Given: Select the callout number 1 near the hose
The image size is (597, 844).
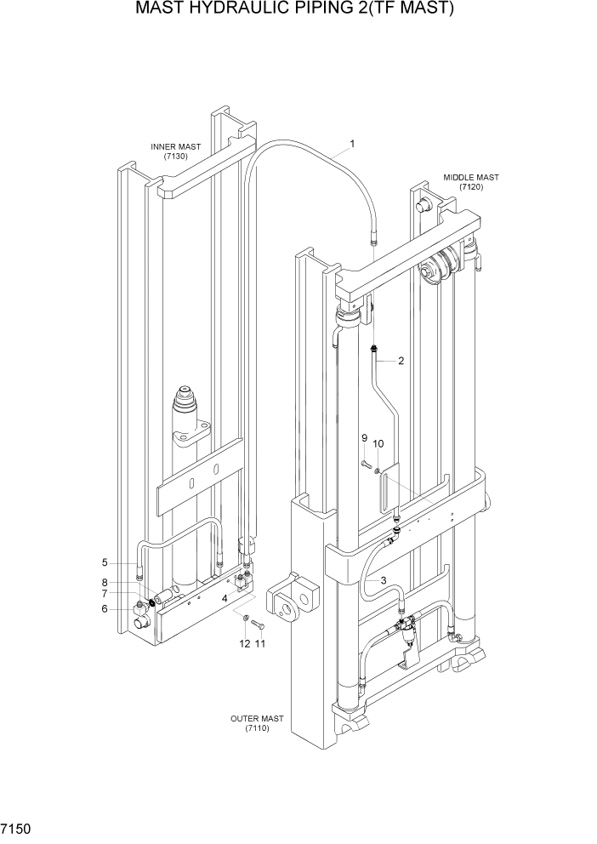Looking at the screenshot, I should click(x=352, y=144).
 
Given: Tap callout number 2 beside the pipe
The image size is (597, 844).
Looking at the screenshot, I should click(x=401, y=360).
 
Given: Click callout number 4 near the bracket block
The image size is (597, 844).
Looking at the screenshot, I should click(x=224, y=598).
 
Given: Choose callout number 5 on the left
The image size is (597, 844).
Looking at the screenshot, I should click(x=128, y=562).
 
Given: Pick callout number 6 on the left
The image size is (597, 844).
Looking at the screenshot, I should click(x=128, y=608).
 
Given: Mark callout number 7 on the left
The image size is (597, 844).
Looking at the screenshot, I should click(x=128, y=594).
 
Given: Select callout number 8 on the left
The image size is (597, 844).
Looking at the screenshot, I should click(x=128, y=582).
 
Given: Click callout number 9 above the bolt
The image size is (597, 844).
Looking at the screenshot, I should click(x=364, y=438).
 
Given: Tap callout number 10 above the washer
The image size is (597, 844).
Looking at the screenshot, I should click(x=378, y=443).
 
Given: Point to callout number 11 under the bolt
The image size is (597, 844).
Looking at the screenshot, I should click(x=260, y=644).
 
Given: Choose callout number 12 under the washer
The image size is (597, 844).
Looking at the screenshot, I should click(x=245, y=644).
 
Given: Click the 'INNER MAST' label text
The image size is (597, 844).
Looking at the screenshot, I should click(x=176, y=146).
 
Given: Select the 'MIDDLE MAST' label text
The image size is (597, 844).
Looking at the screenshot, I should click(x=470, y=177).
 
